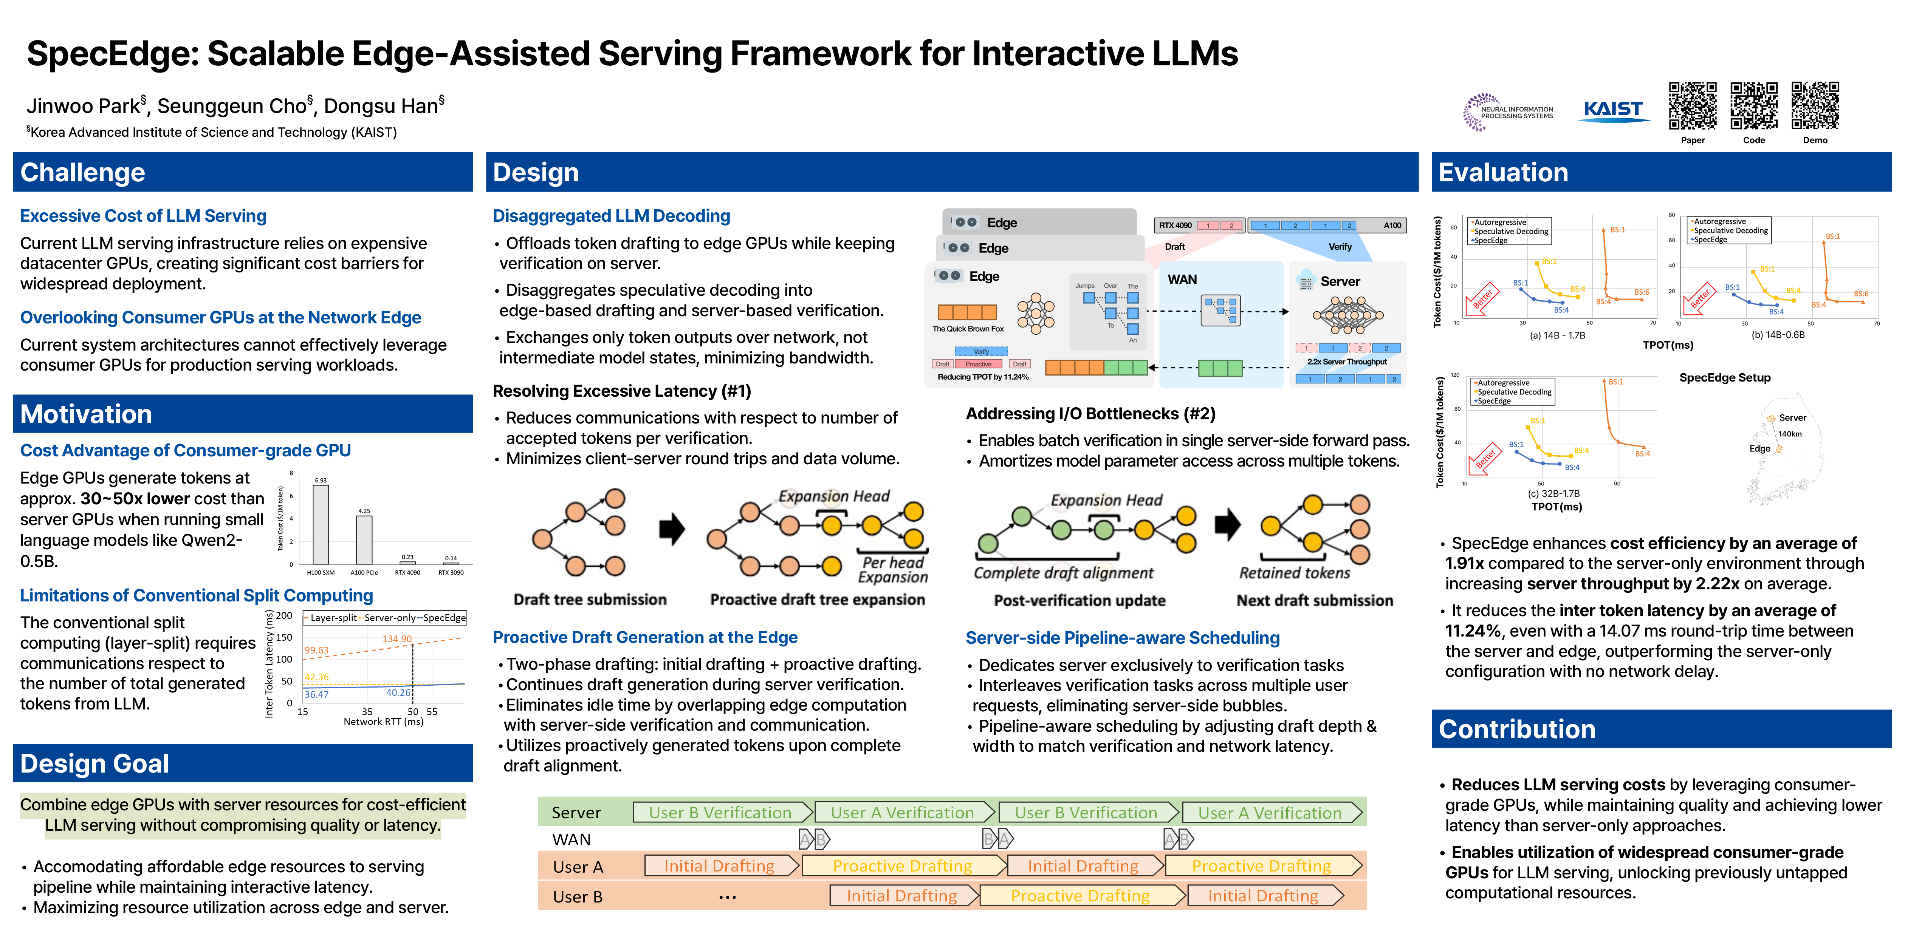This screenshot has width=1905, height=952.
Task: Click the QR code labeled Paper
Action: pyautogui.click(x=1692, y=106)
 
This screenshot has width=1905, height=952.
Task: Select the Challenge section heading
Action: pyautogui.click(x=83, y=172)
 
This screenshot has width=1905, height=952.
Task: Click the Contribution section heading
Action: pyautogui.click(x=1517, y=729)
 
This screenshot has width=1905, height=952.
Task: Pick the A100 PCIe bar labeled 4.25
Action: pyautogui.click(x=364, y=539)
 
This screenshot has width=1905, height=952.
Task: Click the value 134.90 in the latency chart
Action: pyautogui.click(x=397, y=638)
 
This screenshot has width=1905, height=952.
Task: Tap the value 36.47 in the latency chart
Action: pyautogui.click(x=316, y=694)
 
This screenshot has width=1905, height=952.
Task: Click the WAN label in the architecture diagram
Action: pyautogui.click(x=1182, y=280)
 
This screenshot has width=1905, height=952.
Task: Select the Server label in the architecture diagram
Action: pyautogui.click(x=1340, y=281)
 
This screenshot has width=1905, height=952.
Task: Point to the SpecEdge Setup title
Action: pyautogui.click(x=1725, y=378)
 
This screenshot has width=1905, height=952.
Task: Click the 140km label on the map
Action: pyautogui.click(x=1790, y=434)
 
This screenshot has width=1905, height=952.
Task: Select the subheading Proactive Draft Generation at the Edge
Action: pyautogui.click(x=645, y=637)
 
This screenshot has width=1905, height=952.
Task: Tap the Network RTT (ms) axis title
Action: pyautogui.click(x=383, y=722)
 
